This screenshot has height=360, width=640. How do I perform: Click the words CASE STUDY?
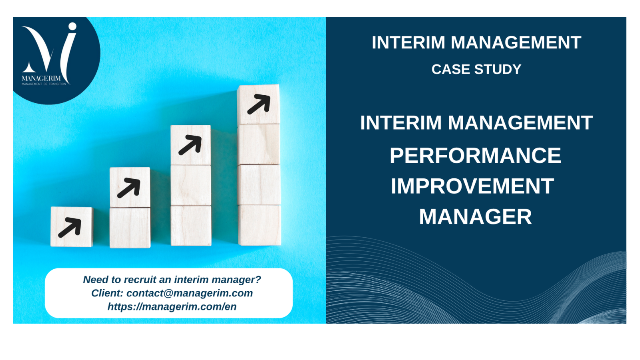coord(476,70)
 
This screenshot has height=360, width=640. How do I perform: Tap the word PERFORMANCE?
coord(476,156)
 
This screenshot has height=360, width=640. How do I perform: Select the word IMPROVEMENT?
coord(472,186)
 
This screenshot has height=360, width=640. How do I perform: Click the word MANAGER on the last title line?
coord(476,217)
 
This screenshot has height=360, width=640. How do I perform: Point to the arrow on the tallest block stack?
coord(259,104)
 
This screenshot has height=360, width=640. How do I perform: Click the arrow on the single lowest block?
coord(70,228)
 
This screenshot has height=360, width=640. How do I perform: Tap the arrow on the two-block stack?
coord(129,188)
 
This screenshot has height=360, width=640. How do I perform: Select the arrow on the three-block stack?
coord(190,145)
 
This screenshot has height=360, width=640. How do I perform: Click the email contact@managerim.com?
coord(190,293)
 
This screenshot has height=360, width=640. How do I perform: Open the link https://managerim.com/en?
coord(172,306)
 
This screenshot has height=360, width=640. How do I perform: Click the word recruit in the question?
coord(140,280)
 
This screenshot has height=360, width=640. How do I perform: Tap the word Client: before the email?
coord(107,293)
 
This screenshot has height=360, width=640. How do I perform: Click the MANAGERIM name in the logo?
coord(41,78)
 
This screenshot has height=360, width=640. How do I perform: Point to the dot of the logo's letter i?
coord(72,26)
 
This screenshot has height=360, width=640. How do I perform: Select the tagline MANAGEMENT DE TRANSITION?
coord(44,84)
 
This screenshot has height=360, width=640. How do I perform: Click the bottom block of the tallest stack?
coord(260,225)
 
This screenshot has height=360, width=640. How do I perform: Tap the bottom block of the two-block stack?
coord(130,228)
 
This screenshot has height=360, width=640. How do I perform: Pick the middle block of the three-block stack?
coord(191,185)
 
